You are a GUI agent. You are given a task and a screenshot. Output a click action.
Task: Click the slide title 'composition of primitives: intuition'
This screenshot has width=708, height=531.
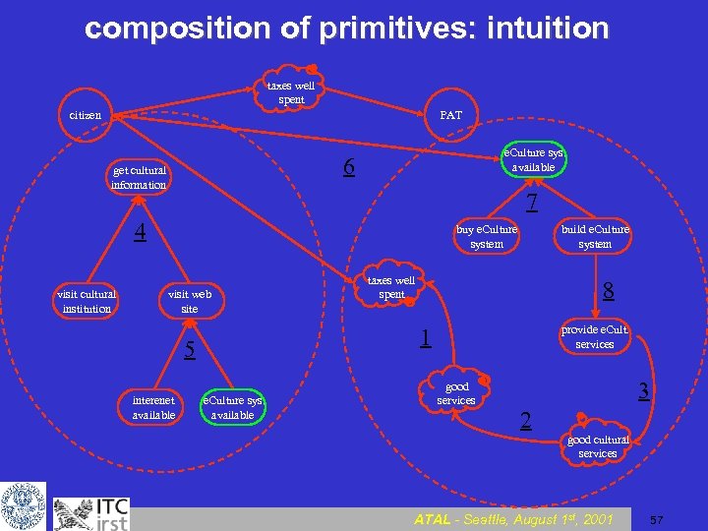tap(347, 28)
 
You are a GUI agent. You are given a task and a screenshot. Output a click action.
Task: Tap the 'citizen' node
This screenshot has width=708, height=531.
tap(85, 115)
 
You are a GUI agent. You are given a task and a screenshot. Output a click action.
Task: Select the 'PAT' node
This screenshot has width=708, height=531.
tap(450, 115)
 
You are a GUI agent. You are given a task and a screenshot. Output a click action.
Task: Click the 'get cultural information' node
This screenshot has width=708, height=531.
tap(139, 177)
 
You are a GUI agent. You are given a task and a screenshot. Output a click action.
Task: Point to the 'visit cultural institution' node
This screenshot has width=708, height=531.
tap(87, 301)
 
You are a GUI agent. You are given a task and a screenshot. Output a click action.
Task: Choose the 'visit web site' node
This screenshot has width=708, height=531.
tap(190, 301)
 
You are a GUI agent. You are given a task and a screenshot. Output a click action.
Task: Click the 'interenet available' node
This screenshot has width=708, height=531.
tap(153, 407)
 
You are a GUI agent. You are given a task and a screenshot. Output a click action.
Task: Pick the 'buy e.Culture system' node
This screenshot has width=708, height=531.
tap(487, 236)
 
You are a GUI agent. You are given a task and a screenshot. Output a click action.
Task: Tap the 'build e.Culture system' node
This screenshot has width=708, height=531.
tap(595, 236)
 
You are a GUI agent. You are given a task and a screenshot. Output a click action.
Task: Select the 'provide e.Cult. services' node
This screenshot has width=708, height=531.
tap(594, 336)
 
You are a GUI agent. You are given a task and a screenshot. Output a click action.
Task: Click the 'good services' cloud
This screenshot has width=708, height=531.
tap(456, 393)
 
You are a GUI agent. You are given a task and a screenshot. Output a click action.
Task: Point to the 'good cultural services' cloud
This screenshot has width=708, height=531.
tap(598, 446)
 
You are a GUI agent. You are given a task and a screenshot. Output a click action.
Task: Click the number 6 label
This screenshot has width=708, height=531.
tap(349, 168)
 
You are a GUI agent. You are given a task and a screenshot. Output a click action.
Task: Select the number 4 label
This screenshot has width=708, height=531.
tap(141, 232)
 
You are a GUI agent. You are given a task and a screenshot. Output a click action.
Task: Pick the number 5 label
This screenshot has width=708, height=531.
tap(192, 349)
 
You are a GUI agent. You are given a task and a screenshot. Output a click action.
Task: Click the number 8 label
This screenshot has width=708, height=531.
tap(609, 291)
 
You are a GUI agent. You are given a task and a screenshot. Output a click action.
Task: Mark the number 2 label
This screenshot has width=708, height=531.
tap(526, 421)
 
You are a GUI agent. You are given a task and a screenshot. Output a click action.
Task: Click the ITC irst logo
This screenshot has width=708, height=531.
tap(90, 511)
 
